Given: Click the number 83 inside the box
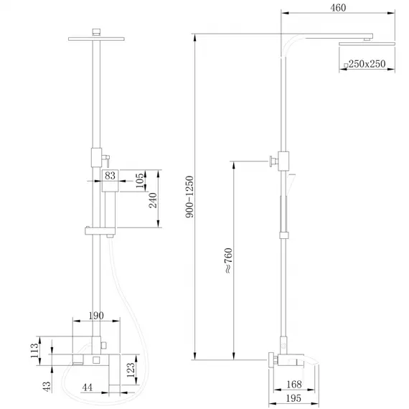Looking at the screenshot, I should point(111,175).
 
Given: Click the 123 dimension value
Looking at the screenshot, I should point(131,370).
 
